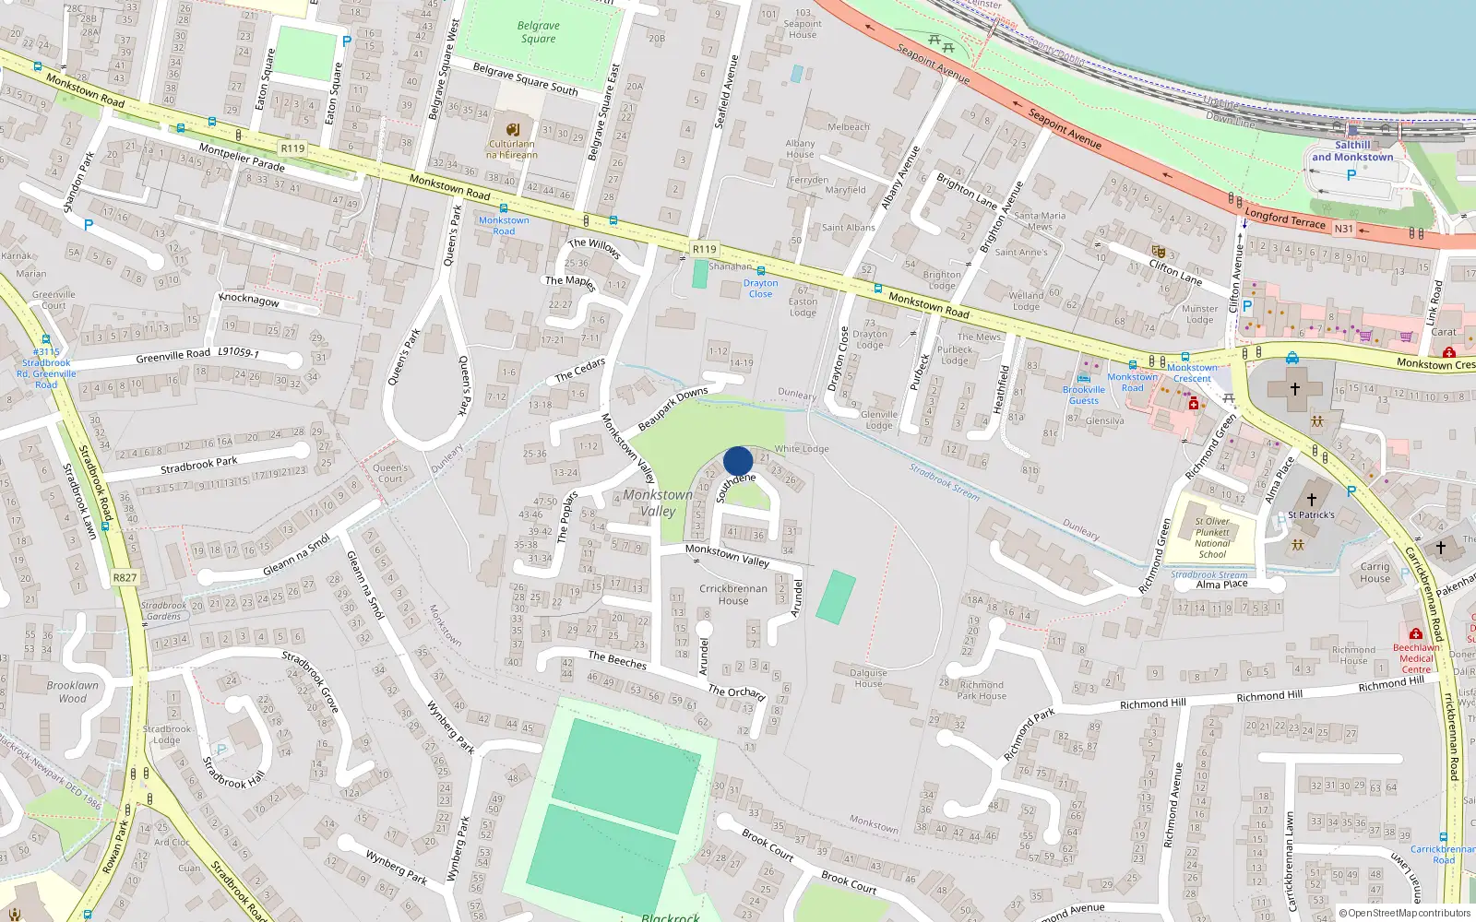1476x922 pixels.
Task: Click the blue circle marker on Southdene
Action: tap(738, 461)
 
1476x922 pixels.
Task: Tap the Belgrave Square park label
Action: tap(539, 32)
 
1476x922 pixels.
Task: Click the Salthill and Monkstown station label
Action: tap(1352, 151)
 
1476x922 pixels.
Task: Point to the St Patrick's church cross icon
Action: tap(1311, 500)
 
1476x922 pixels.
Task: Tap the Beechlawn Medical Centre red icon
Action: tap(1416, 634)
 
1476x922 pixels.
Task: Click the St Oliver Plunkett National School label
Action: tap(1212, 538)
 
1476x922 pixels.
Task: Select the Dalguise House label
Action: tap(868, 678)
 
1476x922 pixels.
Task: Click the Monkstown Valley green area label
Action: tap(658, 502)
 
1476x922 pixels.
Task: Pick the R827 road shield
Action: tap(125, 578)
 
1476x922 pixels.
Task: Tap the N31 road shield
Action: tap(1343, 229)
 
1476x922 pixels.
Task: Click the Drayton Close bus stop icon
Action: tap(760, 271)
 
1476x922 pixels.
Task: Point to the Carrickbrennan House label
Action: tap(1375, 573)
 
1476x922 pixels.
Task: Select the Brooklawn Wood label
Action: tap(73, 691)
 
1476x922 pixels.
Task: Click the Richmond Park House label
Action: tap(982, 690)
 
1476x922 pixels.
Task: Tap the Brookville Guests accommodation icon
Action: tap(1084, 378)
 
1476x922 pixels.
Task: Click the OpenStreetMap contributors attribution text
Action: tap(1405, 913)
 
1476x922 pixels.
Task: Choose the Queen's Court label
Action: tap(390, 473)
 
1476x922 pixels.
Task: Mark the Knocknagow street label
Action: tap(249, 301)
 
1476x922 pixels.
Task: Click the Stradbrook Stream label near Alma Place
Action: tap(1208, 574)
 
